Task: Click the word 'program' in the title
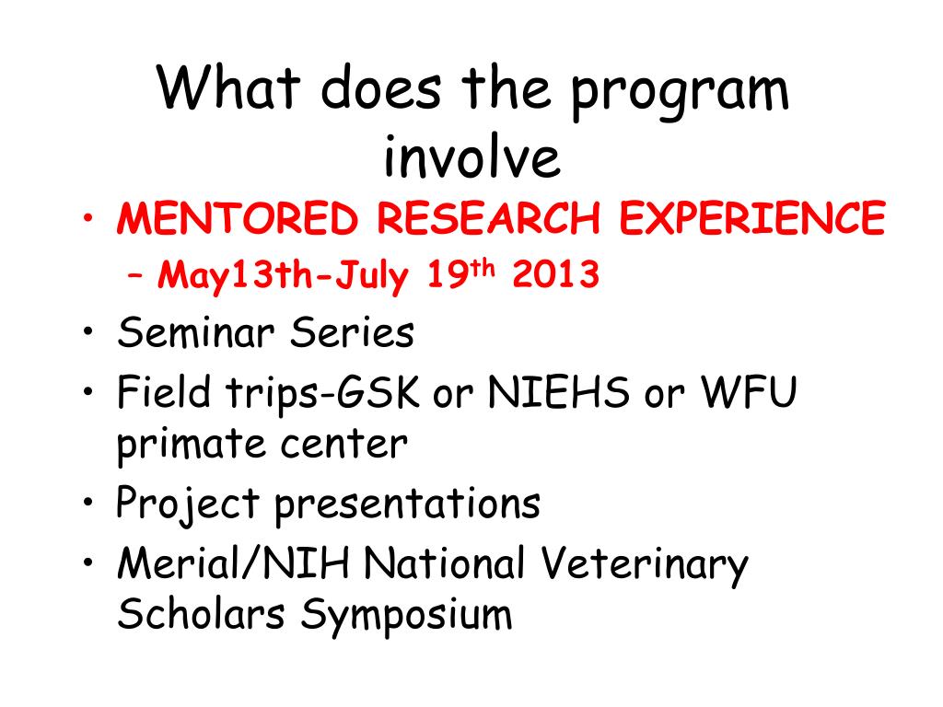coord(680,94)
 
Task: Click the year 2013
coord(555,274)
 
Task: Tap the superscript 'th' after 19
coord(483,268)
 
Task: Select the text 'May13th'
coord(235,276)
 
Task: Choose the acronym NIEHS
coord(558,392)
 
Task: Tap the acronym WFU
coord(750,392)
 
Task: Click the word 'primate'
coord(191,445)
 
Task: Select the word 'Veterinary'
coord(644,565)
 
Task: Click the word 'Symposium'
coord(406,616)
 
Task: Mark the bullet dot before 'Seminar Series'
coord(89,331)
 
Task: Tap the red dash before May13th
coord(136,276)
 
